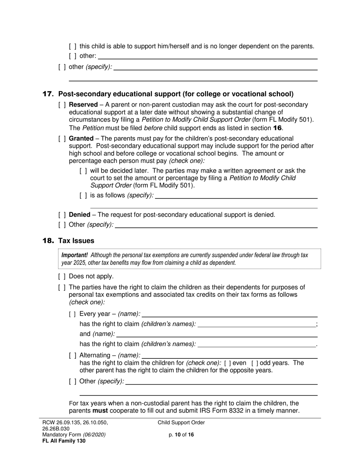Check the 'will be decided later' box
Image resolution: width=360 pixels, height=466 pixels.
(x=83, y=171)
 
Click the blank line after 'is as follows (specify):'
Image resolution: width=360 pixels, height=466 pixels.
(x=236, y=196)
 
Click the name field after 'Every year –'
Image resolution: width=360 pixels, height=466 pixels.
(x=230, y=314)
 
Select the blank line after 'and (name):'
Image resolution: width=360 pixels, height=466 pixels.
(x=217, y=334)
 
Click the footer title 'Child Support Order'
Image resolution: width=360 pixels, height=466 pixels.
(x=181, y=422)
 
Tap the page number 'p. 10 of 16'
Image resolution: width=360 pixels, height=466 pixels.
(x=181, y=435)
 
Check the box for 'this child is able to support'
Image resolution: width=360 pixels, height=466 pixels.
(x=72, y=47)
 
